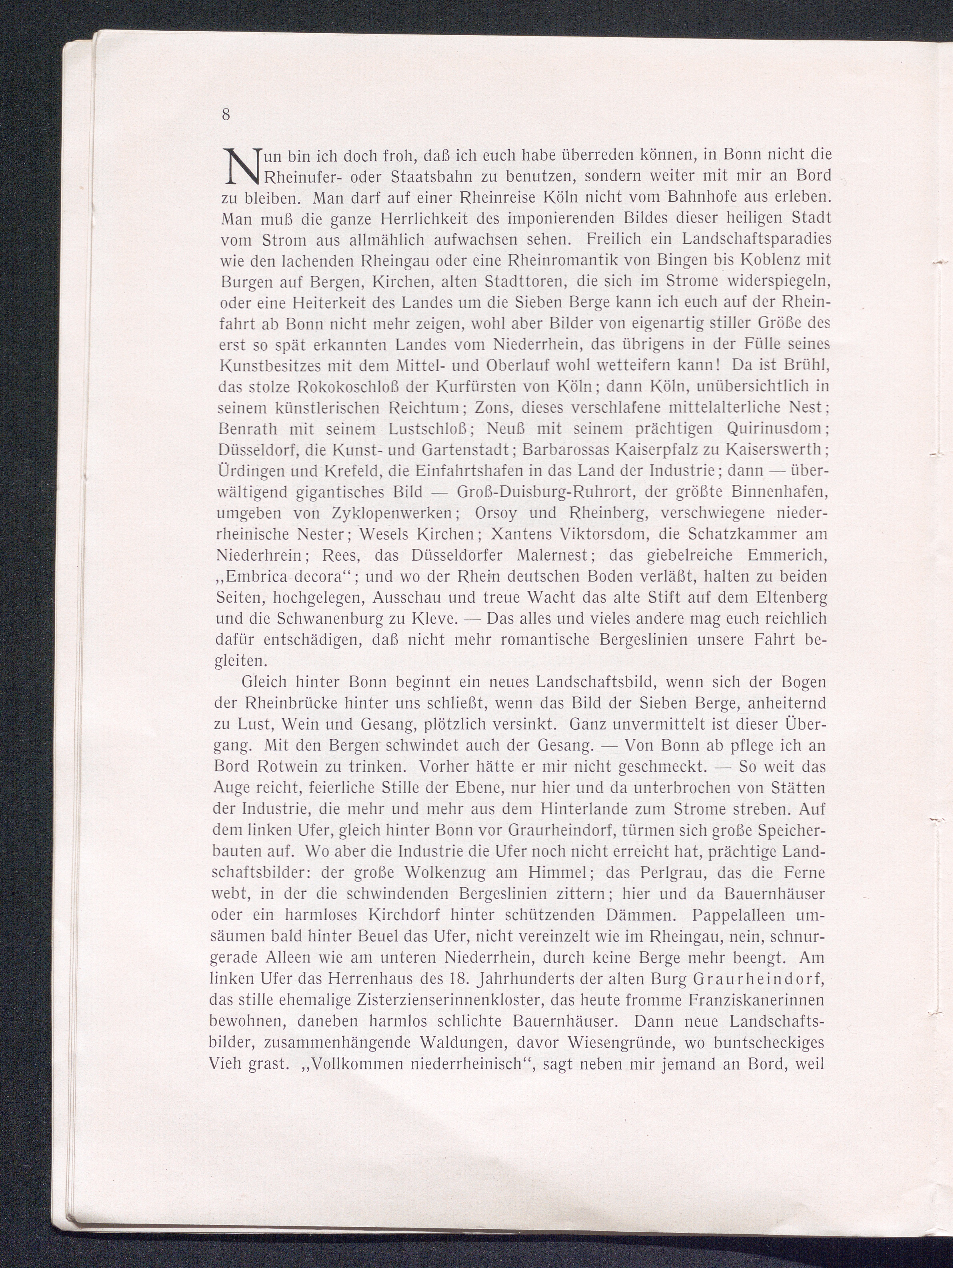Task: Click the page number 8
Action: coord(226,114)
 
